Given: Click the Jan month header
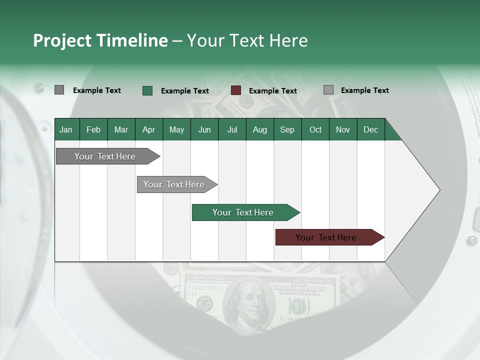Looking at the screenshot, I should tap(66, 129).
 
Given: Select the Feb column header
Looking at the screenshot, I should tap(93, 129).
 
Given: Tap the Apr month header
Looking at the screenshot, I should tap(148, 129).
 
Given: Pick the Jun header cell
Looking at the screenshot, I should tap(204, 129).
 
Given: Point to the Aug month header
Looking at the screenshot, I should tap(259, 129).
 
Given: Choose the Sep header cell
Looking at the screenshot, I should tap(287, 129).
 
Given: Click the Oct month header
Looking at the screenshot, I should tap(315, 129).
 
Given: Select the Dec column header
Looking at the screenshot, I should tap(370, 129).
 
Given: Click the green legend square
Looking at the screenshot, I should tap(147, 90).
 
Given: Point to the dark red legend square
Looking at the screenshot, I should tap(236, 90).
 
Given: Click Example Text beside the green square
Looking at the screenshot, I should tap(184, 91).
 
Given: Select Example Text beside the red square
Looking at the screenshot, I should tap(272, 91).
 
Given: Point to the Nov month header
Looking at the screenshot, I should tap(342, 129).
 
